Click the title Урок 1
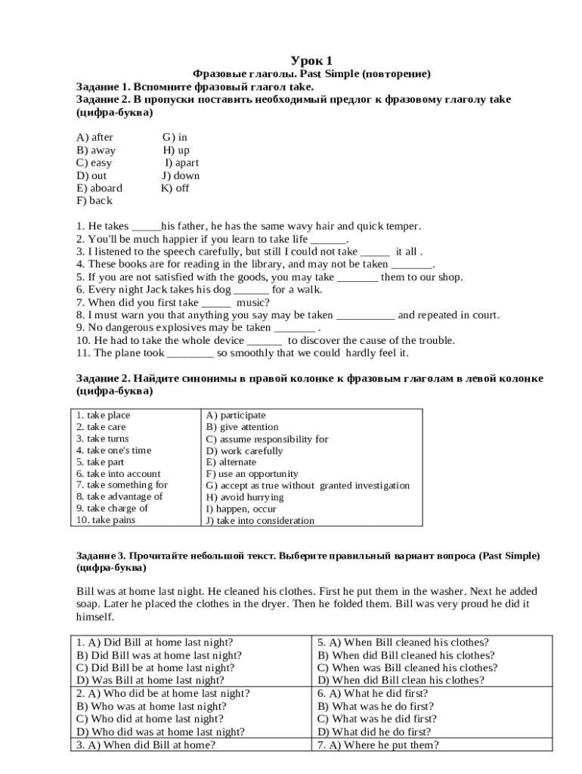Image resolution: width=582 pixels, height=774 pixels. point(311,60)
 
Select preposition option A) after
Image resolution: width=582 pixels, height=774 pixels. point(94,137)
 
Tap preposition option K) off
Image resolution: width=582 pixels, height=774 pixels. point(175,188)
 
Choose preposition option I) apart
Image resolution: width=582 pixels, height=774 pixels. point(182,163)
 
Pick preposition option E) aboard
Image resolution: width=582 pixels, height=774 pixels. point(99,188)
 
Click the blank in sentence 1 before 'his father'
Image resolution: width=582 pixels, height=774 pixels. point(146,226)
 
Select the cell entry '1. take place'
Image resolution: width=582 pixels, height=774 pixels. point(103,415)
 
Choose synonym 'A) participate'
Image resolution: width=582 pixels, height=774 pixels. point(236,415)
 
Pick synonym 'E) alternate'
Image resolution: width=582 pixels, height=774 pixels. point(231,462)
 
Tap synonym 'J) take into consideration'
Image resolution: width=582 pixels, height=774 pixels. point(259,521)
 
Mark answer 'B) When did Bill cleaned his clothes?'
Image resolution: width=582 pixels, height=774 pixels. point(406,655)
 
